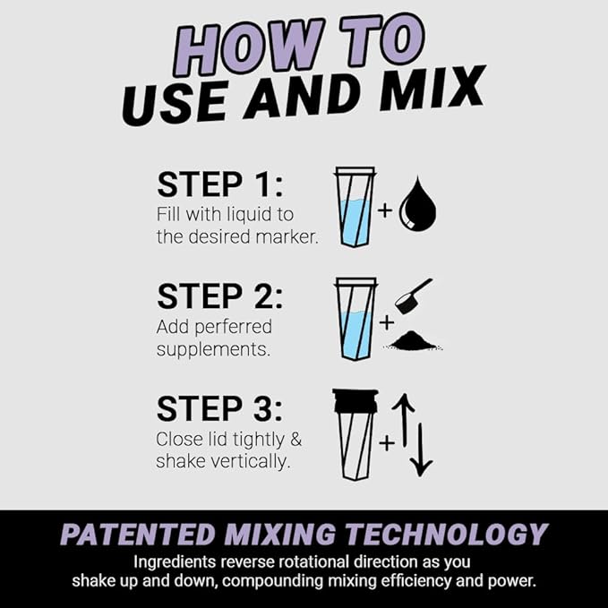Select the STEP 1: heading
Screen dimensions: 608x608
(x=219, y=184)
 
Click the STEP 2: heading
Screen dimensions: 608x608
(x=219, y=296)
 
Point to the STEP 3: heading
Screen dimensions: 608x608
(x=219, y=408)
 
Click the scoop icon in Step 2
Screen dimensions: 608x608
(x=414, y=295)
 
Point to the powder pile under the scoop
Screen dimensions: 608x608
(x=414, y=340)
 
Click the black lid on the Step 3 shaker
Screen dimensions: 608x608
(x=355, y=400)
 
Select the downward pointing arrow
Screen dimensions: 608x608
(x=422, y=448)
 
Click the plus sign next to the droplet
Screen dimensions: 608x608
(x=385, y=212)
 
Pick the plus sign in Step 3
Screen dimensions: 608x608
(x=386, y=442)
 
